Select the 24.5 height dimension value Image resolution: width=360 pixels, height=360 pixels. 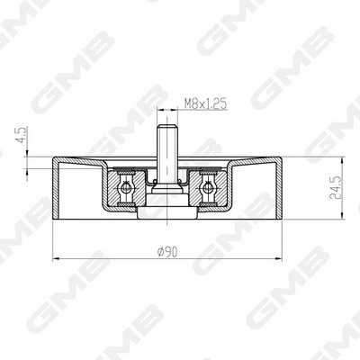[x=336, y=187]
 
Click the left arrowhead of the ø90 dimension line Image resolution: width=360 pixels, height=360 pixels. [x=57, y=256]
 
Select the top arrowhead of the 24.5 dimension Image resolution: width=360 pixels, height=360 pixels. [x=344, y=161]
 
